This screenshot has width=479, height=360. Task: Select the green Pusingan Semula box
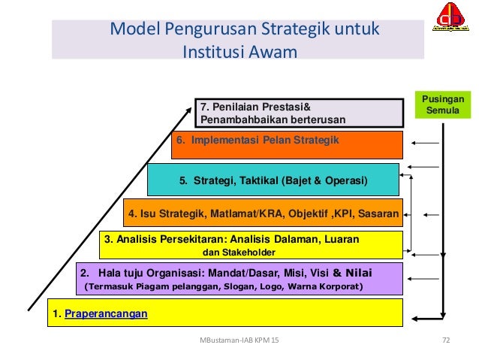point(444,104)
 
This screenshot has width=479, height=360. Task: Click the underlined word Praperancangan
point(107,313)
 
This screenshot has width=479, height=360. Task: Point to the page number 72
point(446,340)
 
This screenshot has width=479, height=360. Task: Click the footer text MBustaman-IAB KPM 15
point(239,340)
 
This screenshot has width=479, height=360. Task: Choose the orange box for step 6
point(288,144)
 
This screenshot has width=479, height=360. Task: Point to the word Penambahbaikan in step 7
point(236,119)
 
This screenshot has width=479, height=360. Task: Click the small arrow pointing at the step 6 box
point(425,144)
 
